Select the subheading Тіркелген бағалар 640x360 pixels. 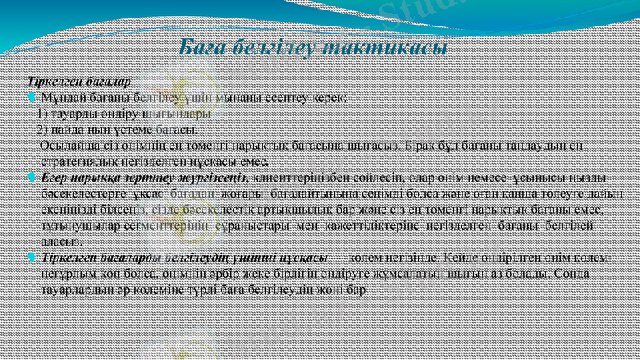pos(79,82)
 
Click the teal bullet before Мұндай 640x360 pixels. pos(30,98)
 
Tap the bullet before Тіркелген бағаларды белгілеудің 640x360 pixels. pos(30,257)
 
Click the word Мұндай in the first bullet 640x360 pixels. pos(63,98)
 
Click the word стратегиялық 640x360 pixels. pos(78,160)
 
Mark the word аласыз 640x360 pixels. pos(60,241)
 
